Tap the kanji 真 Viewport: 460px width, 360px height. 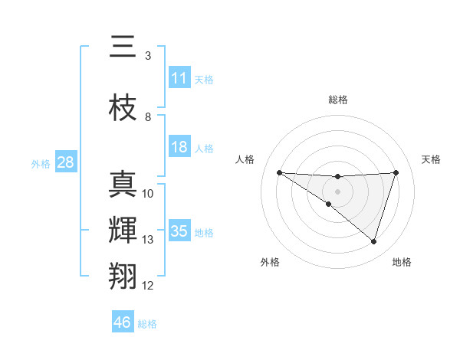[x=123, y=185]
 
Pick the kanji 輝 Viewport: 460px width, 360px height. [x=123, y=230]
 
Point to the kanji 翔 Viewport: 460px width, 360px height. [x=123, y=275]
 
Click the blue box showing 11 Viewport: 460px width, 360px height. [x=179, y=78]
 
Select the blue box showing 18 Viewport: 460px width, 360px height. [x=179, y=147]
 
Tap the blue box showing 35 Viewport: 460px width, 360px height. [x=179, y=231]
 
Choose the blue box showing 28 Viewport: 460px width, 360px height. [x=65, y=162]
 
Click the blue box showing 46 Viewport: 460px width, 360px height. [x=123, y=322]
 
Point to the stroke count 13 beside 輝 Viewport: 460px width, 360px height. [x=148, y=240]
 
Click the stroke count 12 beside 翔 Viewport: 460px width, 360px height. [x=148, y=286]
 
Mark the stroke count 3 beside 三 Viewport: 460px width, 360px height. [x=148, y=56]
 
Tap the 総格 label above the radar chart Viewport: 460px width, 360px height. [x=338, y=100]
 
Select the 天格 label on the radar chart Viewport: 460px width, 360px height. [x=432, y=159]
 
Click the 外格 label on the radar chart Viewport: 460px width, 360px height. [x=270, y=262]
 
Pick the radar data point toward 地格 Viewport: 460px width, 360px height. [x=373, y=242]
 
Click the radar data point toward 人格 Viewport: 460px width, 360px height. [x=279, y=172]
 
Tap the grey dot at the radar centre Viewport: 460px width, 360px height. [x=337, y=191]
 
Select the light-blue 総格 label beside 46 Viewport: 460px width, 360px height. [x=147, y=323]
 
